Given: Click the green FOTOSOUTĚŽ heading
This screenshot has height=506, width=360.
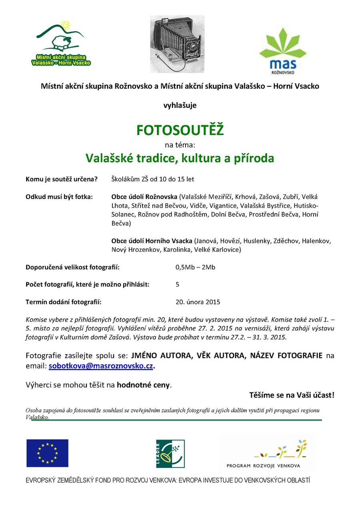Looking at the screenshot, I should click(x=180, y=130).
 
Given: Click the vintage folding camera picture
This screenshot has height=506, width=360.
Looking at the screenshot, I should click(x=177, y=44).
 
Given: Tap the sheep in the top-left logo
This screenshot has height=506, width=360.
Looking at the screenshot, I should click(x=62, y=40).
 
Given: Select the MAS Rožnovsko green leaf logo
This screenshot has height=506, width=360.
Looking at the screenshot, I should click(x=282, y=48).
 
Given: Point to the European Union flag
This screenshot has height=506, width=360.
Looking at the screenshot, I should click(x=47, y=453).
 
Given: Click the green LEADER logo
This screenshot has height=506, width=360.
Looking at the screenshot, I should click(x=170, y=454).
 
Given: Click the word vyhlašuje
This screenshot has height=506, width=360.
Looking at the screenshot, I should click(x=180, y=106).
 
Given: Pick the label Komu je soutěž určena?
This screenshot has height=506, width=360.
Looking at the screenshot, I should click(x=62, y=179).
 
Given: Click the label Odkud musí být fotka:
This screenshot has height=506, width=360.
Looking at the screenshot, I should click(x=59, y=197).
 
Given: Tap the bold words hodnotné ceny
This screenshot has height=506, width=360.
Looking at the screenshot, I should click(x=144, y=385).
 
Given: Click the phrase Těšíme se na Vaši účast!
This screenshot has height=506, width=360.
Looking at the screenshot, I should click(x=292, y=395).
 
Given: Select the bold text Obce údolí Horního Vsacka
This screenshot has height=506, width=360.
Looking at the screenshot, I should click(x=152, y=241).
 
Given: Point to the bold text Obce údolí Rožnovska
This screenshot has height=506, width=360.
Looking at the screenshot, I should click(x=144, y=197).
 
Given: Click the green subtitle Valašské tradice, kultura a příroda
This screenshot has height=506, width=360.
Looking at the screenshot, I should click(x=180, y=158).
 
